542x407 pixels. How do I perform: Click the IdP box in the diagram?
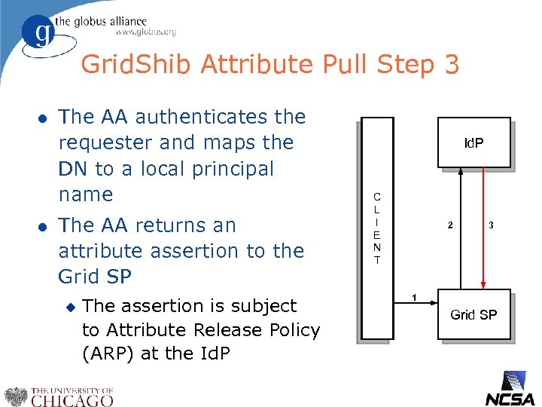[x=473, y=142]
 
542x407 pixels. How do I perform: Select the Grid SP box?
[x=473, y=314]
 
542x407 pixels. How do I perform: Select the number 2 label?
[x=450, y=225]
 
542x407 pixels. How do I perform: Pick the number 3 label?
[x=491, y=225]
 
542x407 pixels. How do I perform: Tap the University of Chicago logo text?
[x=72, y=396]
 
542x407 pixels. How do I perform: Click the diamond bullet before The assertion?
[x=72, y=307]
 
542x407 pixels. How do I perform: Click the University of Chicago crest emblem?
[x=15, y=396]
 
